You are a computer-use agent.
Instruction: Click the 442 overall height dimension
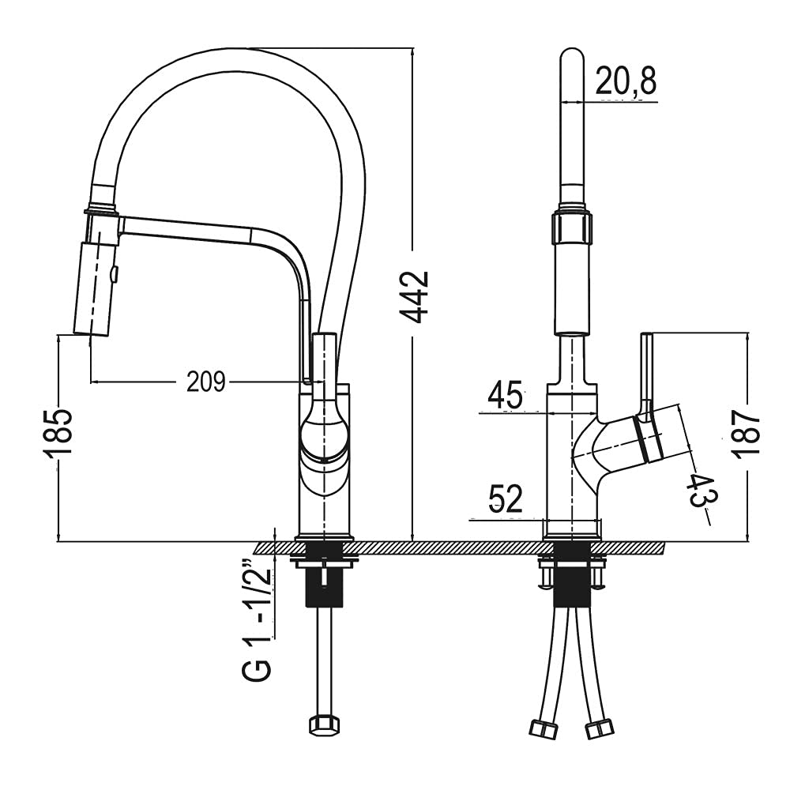click(x=414, y=297)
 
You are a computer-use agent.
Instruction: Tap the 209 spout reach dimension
click(x=206, y=382)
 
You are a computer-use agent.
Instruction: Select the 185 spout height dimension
click(x=58, y=434)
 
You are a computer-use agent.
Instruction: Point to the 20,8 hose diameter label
click(x=626, y=81)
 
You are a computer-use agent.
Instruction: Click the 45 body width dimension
click(x=506, y=395)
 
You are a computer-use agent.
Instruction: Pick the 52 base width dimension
click(x=506, y=498)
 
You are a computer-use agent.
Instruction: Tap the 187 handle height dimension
click(x=747, y=434)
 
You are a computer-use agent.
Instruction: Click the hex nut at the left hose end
click(x=324, y=725)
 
